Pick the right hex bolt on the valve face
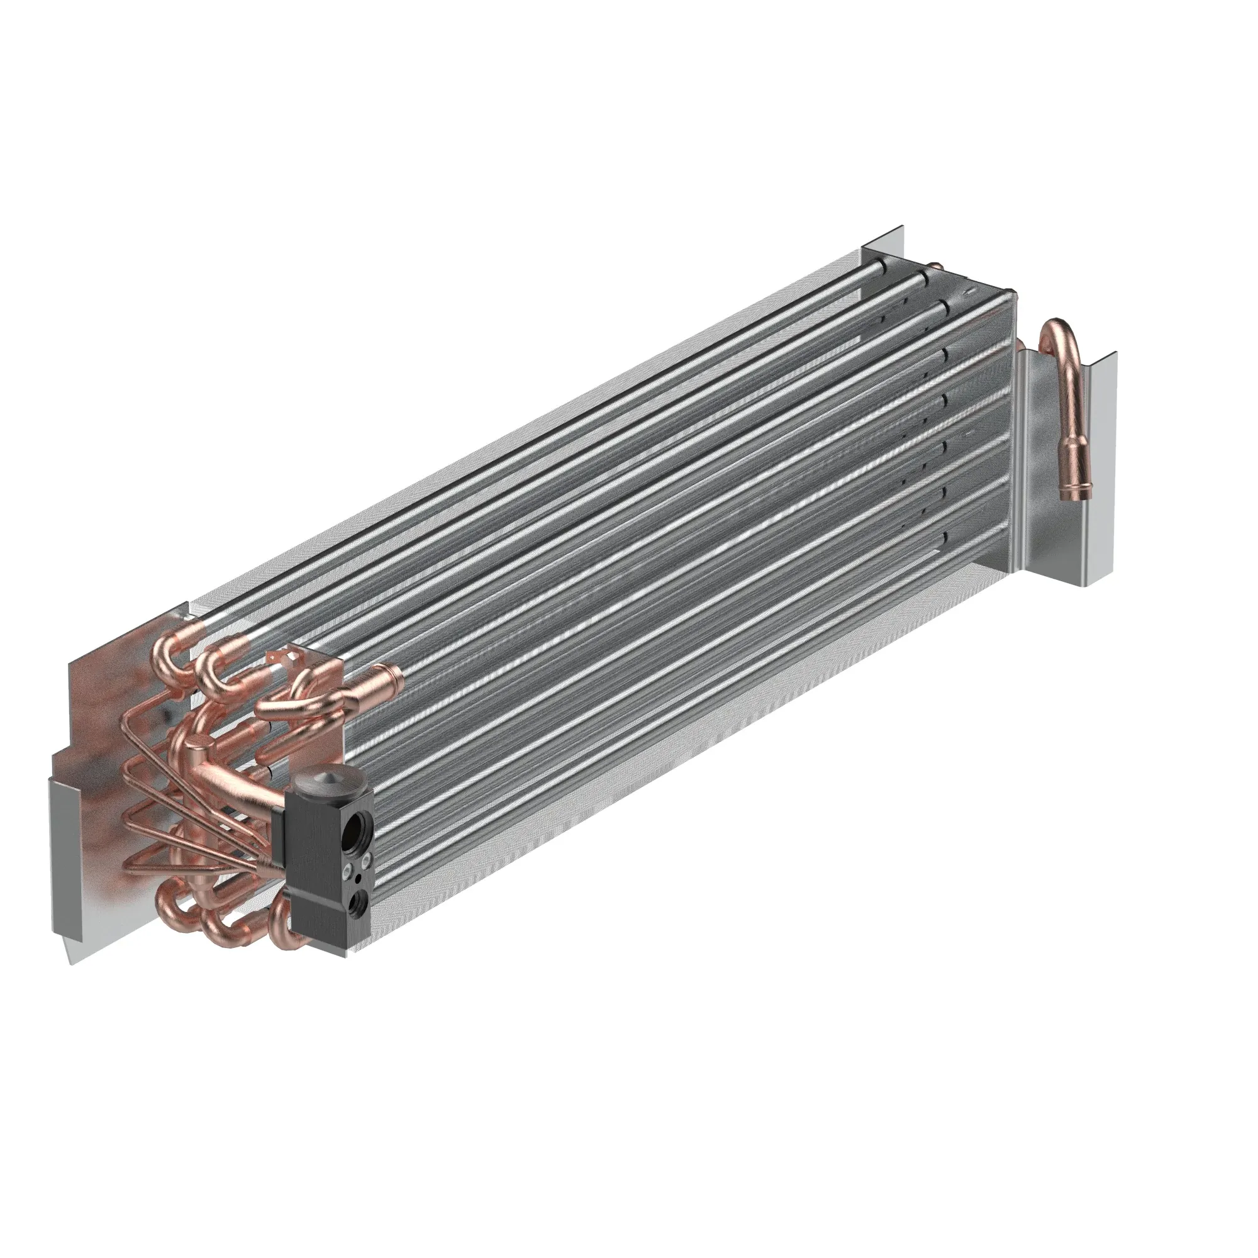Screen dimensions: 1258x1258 click(365, 861)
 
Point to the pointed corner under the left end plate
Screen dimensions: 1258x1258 click(70, 961)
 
